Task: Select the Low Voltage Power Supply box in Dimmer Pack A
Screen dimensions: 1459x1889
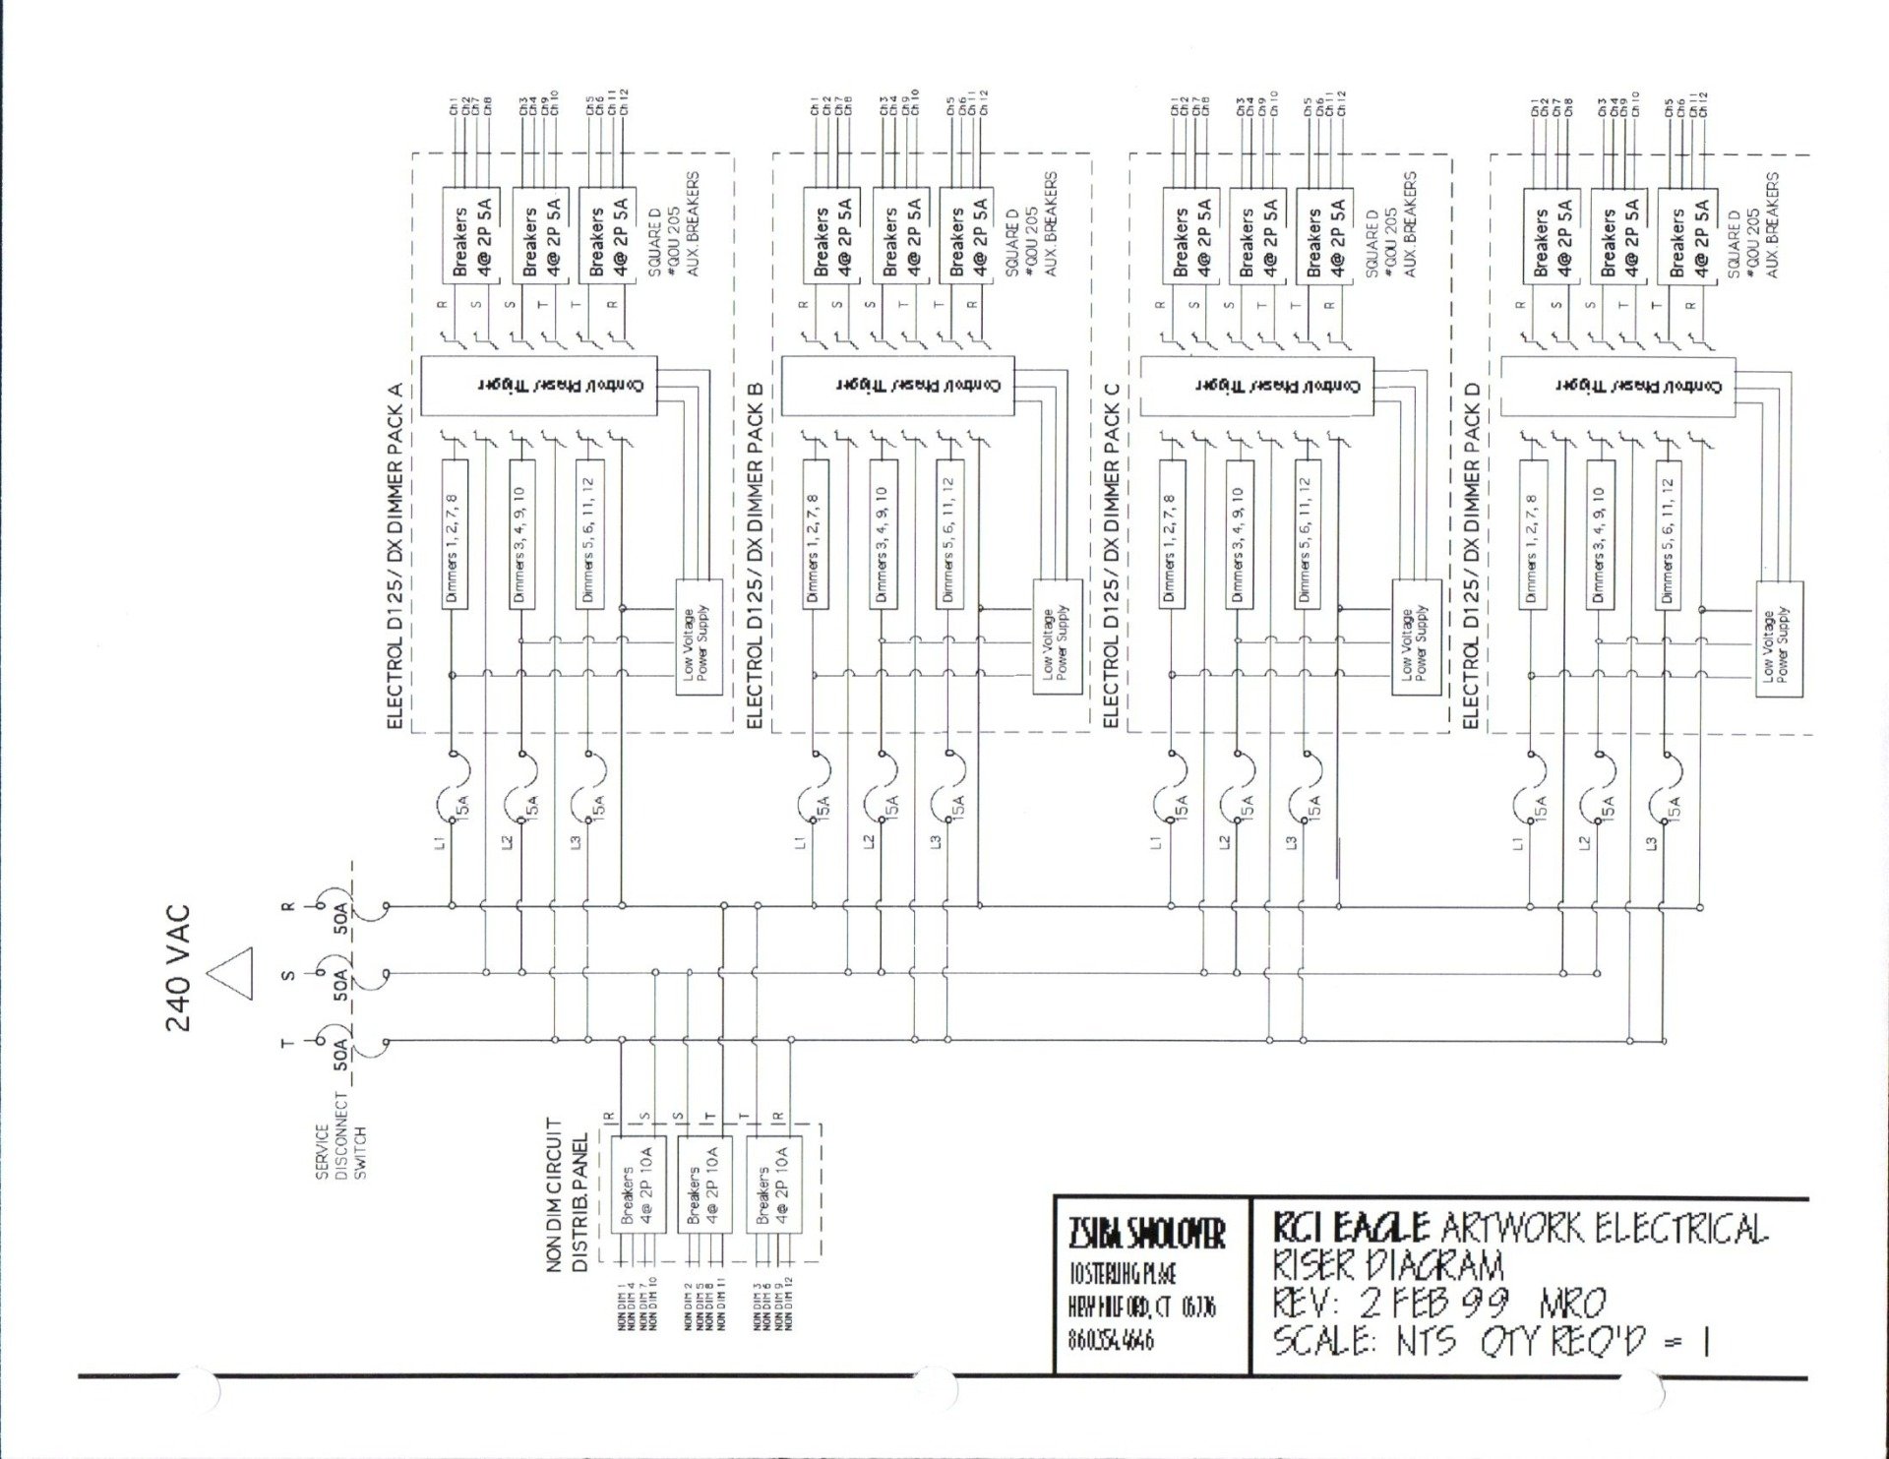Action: point(698,638)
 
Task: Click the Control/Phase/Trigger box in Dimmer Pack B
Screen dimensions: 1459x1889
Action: point(897,386)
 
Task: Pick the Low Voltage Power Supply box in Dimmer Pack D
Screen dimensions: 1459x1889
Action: point(1779,639)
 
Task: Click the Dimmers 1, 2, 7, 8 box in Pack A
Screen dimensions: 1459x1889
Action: point(453,533)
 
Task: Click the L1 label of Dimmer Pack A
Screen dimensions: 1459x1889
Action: point(442,841)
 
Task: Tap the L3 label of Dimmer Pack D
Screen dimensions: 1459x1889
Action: point(1652,842)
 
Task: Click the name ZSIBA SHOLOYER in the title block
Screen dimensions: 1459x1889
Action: point(1146,1234)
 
